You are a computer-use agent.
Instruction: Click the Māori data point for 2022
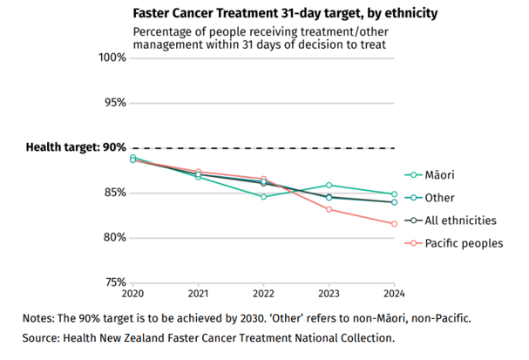pyautogui.click(x=263, y=197)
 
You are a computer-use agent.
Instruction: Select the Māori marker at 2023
pyautogui.click(x=329, y=185)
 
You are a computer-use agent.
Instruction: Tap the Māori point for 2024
pyautogui.click(x=394, y=194)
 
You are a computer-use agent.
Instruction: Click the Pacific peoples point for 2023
pyautogui.click(x=329, y=209)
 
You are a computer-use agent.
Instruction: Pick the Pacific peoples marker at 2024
pyautogui.click(x=394, y=224)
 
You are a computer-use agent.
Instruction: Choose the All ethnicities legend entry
pyautogui.click(x=460, y=221)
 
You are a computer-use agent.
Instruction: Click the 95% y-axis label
pyautogui.click(x=114, y=103)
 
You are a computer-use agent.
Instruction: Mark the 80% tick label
pyautogui.click(x=114, y=238)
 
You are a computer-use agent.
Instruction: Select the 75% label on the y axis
pyautogui.click(x=114, y=282)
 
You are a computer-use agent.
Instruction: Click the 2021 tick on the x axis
pyautogui.click(x=198, y=294)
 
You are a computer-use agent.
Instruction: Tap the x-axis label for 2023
pyautogui.click(x=329, y=294)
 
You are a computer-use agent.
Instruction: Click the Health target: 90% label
pyautogui.click(x=76, y=147)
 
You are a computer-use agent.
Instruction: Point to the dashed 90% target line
pyautogui.click(x=261, y=148)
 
